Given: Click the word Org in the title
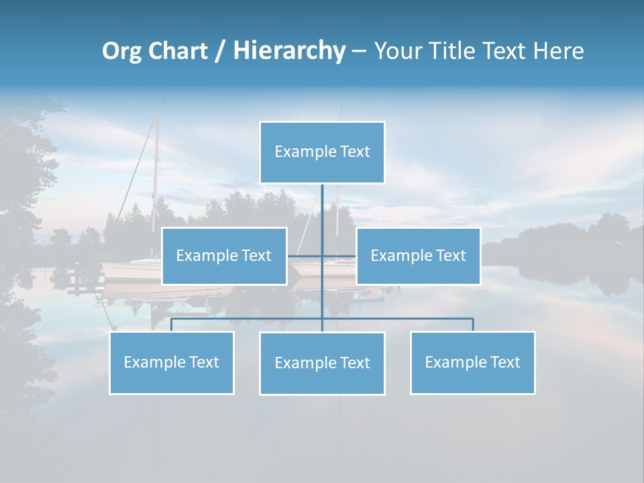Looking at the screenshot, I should [123, 51].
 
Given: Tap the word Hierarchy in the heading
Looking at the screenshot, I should [289, 51].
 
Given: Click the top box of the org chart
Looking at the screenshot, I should [322, 152].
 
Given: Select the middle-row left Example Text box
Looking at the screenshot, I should [224, 256].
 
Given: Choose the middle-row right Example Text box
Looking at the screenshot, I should [418, 256].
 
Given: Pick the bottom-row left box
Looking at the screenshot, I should [171, 362].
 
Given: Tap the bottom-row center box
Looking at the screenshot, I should [322, 363].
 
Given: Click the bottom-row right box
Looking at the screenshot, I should [472, 362].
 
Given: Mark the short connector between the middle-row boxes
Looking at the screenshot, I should [321, 256].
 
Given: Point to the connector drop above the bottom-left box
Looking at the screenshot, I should [171, 325].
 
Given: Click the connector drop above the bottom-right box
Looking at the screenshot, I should [472, 325].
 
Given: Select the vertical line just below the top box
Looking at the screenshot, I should [322, 201].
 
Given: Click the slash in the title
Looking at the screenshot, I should [220, 51].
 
